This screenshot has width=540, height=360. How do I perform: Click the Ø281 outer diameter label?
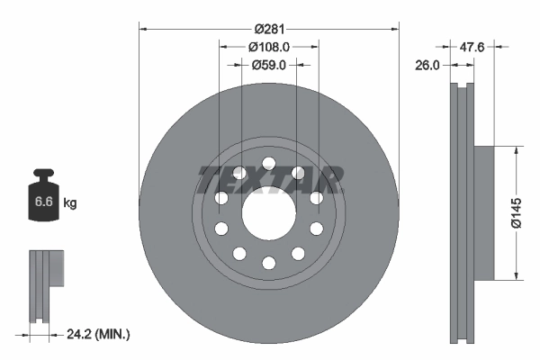(x=268, y=19)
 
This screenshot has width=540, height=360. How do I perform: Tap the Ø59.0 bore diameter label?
(x=268, y=65)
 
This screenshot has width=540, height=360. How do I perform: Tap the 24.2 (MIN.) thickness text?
(x=98, y=335)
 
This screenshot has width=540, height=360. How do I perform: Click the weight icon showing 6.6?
(x=43, y=198)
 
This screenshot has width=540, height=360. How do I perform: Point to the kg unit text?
(x=70, y=203)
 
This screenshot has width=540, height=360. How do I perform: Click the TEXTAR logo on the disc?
(x=269, y=180)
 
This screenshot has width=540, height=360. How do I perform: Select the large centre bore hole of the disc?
(x=268, y=213)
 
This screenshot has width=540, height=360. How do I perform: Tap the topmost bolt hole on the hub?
(x=268, y=163)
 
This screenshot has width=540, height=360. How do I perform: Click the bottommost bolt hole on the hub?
(x=268, y=263)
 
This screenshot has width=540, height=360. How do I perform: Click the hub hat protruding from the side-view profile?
(x=483, y=213)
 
